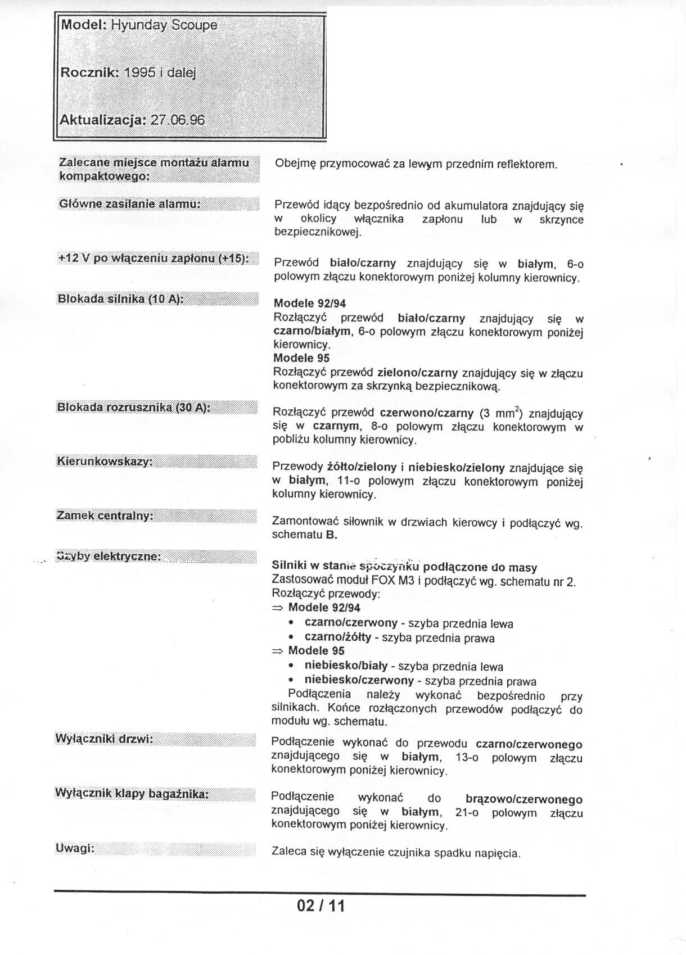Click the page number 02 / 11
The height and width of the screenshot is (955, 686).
[321, 906]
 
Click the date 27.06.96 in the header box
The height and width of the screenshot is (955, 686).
[178, 120]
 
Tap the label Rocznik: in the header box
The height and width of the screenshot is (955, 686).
[89, 73]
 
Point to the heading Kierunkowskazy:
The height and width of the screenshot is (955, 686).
[105, 461]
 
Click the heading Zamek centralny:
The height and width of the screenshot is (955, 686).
[105, 515]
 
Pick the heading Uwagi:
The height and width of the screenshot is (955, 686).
[75, 849]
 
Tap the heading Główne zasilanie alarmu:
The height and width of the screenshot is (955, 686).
[130, 203]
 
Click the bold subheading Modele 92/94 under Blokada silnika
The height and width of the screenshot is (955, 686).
[310, 304]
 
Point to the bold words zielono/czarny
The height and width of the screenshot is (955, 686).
[417, 372]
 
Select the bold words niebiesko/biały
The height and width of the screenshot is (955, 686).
[346, 666]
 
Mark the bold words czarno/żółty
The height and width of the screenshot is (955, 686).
[337, 637]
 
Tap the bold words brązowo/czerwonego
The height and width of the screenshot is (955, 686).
[524, 799]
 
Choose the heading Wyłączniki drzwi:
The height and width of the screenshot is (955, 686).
[105, 739]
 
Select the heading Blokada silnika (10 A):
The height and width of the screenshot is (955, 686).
[121, 298]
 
